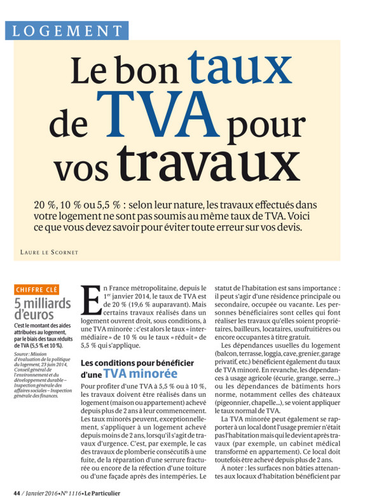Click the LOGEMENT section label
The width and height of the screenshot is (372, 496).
pyautogui.click(x=67, y=31)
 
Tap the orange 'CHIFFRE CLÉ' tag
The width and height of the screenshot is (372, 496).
pyautogui.click(x=36, y=289)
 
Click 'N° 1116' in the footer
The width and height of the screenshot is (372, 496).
pyautogui.click(x=68, y=492)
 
